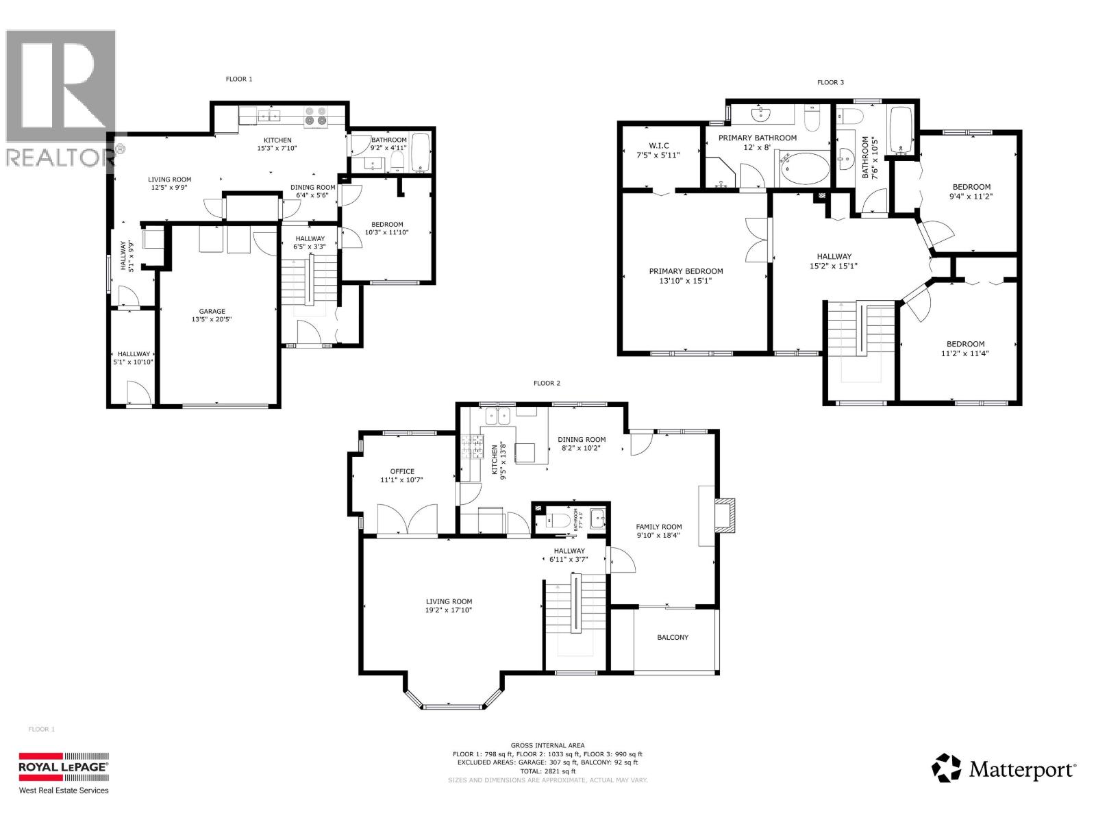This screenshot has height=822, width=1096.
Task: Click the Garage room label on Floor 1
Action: (212, 312)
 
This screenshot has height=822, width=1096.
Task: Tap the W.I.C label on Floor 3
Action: (658, 145)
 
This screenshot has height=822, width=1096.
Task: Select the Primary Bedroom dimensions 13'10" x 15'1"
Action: (686, 280)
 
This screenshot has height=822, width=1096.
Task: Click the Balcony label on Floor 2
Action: (673, 637)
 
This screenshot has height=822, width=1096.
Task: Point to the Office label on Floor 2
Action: (402, 471)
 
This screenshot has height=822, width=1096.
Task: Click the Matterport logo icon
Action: (947, 768)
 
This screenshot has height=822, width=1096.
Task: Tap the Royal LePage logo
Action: (63, 768)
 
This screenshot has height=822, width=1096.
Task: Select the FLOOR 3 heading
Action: (830, 82)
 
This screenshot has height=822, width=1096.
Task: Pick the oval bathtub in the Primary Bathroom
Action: (805, 169)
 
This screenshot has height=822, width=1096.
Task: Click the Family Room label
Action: (658, 527)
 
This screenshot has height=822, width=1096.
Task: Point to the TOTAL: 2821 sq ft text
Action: (547, 771)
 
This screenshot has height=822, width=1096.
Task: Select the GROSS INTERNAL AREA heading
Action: (547, 745)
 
